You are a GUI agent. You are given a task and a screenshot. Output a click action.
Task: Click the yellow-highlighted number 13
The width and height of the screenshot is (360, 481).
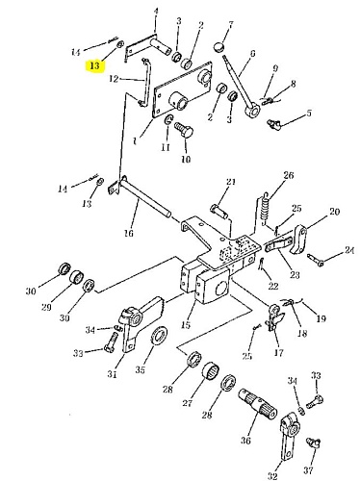tap(94, 65)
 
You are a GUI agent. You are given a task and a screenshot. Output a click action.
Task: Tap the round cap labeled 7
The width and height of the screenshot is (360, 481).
tap(219, 47)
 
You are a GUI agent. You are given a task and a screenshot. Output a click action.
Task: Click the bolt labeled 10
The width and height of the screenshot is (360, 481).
tap(184, 130)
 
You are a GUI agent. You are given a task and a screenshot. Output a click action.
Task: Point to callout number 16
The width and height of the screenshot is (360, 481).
tap(129, 233)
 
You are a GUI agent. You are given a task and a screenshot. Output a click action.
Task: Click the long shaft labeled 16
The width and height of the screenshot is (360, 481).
tap(144, 197)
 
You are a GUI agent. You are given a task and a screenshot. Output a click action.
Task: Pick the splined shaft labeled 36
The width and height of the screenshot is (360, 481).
tap(258, 405)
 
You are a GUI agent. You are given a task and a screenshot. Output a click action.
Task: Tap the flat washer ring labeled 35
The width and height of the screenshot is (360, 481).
tap(159, 336)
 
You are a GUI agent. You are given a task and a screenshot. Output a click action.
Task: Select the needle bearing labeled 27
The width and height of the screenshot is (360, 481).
tap(211, 373)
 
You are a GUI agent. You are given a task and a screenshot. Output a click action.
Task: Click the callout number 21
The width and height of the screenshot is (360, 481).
tap(231, 182)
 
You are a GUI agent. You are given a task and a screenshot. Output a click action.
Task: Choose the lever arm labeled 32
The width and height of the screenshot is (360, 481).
tap(290, 440)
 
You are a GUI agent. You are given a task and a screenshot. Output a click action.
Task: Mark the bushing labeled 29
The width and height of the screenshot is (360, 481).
tap(77, 277)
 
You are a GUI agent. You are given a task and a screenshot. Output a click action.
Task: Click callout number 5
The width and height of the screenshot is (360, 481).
tap(309, 113)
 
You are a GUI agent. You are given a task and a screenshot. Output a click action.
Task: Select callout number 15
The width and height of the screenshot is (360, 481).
tap(186, 324)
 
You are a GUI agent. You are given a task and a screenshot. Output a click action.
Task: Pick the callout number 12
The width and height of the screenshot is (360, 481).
tap(114, 79)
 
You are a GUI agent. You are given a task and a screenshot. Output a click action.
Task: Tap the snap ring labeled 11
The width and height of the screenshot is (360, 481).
tap(167, 120)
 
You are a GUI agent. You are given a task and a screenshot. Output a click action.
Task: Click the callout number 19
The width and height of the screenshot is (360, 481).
tap(321, 318)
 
